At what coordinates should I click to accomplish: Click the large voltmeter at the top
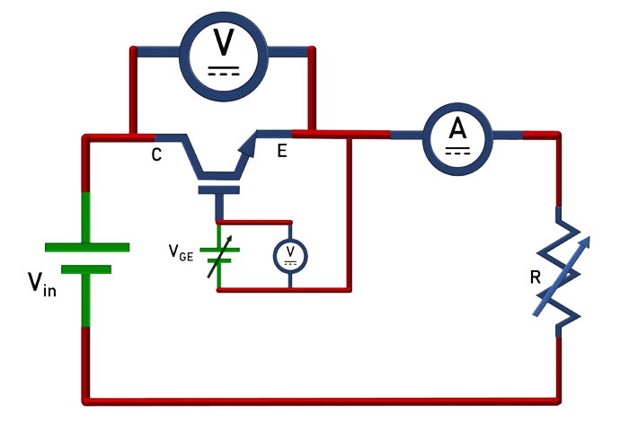[x=224, y=51]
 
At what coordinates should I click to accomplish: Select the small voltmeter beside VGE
[x=290, y=256]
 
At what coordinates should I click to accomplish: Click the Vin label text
[x=41, y=286]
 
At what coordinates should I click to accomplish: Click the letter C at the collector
[x=156, y=154]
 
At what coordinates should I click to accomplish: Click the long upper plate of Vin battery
[x=88, y=246]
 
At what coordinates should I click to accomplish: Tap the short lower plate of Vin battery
[x=88, y=268]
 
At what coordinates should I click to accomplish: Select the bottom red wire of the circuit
[x=323, y=398]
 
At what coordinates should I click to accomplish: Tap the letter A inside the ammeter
[x=458, y=129]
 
